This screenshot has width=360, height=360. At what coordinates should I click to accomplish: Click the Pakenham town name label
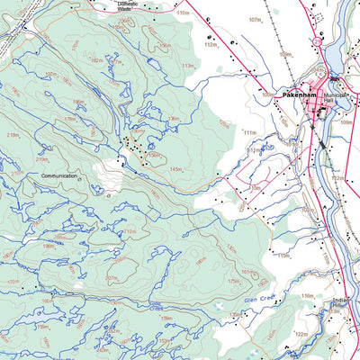pos(298,93)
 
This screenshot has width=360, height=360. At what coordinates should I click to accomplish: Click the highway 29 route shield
pos(317,40)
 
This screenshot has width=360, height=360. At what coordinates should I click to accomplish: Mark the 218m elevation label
pos(13,135)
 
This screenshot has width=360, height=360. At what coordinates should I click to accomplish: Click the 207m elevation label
pos(112,278)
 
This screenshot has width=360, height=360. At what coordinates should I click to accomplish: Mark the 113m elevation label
pos(188,66)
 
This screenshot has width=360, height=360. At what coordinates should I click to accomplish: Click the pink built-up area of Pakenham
pos(319,110)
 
